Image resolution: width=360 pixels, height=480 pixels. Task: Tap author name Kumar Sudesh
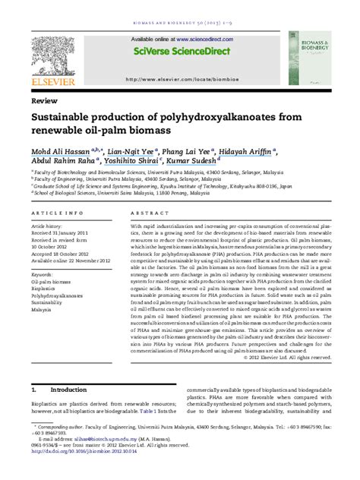point(193,162)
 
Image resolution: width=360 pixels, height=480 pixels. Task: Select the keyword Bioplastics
point(44,289)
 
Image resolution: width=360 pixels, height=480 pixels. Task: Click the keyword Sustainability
point(47,302)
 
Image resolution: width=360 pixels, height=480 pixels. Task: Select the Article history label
point(48,226)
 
